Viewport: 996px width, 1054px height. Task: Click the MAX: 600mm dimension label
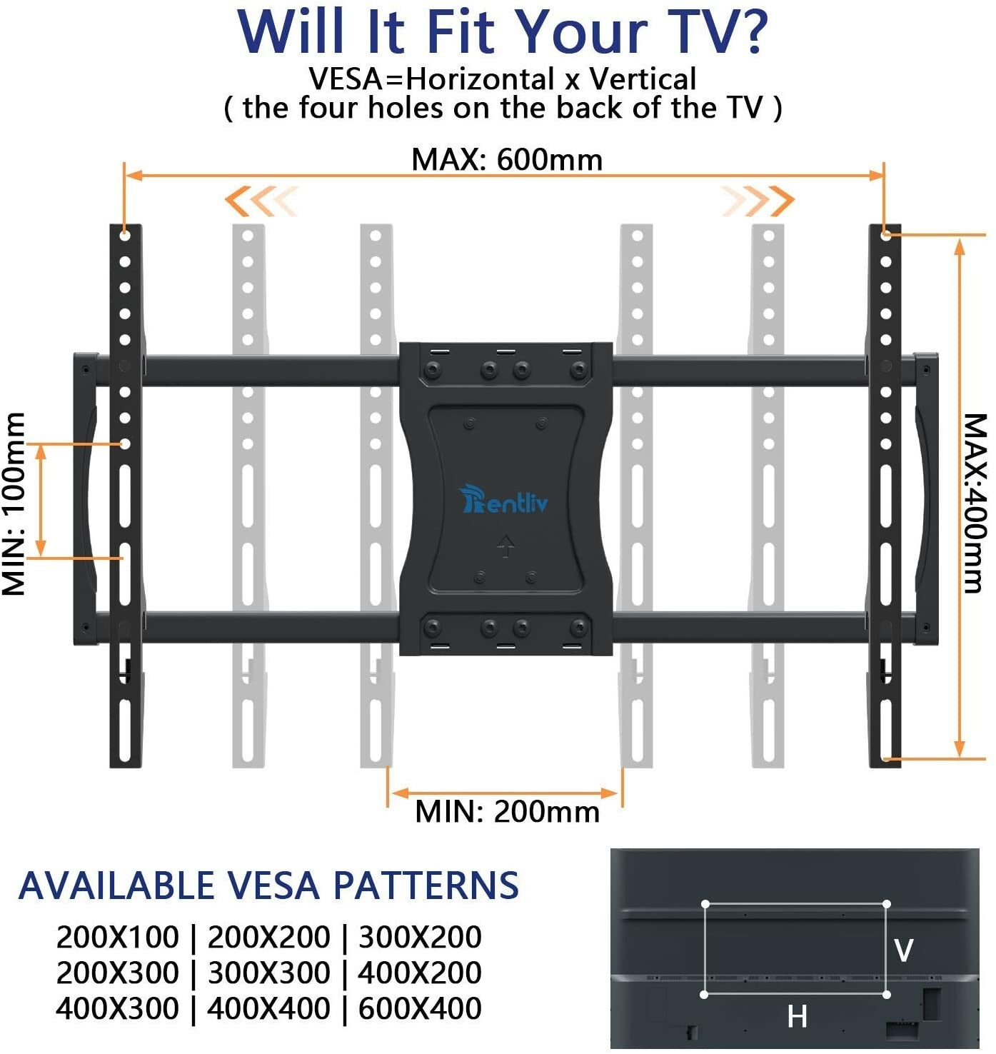(x=507, y=159)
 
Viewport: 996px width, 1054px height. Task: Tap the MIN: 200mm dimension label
(x=507, y=811)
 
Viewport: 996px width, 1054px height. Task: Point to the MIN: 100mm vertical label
(x=14, y=504)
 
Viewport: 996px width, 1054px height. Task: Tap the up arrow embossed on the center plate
(x=505, y=547)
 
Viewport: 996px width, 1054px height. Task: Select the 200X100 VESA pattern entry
(x=117, y=937)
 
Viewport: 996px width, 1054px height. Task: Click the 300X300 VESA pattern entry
(x=268, y=973)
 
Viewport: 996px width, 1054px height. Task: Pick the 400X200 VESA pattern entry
(x=420, y=973)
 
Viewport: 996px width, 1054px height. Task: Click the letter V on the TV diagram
(x=903, y=950)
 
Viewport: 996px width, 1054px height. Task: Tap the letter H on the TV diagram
(x=797, y=1016)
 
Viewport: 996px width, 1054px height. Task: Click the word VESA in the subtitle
(x=346, y=79)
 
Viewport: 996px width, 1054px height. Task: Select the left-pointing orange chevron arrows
(x=261, y=201)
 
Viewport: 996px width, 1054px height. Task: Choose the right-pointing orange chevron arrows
(x=757, y=201)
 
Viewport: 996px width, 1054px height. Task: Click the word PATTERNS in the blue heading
(x=426, y=885)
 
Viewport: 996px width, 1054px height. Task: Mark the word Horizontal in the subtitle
(x=480, y=79)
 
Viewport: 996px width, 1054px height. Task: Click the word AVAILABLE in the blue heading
(x=116, y=885)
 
